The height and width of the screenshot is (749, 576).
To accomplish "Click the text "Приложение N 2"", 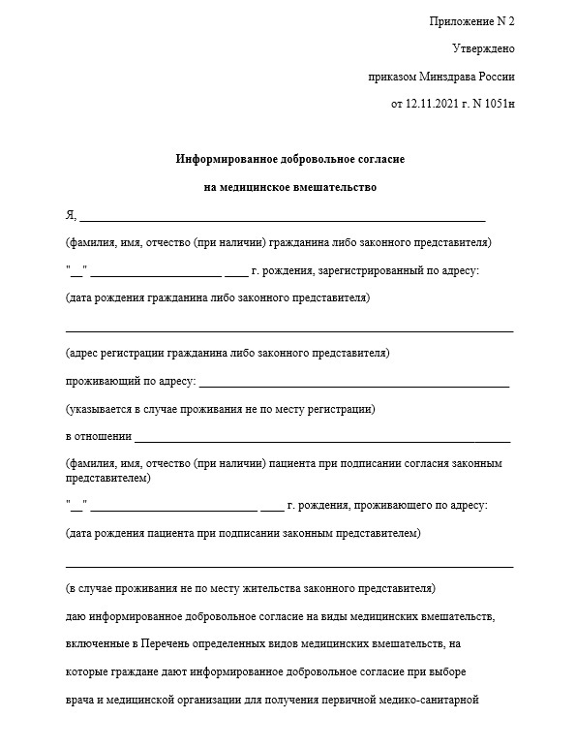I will (472, 20).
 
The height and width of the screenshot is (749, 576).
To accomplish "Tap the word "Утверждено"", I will (483, 47).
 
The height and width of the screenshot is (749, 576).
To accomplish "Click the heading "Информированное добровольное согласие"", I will (289, 158).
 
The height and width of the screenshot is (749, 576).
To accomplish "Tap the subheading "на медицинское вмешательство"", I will (289, 186).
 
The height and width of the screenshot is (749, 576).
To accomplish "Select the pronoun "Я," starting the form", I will (71, 215).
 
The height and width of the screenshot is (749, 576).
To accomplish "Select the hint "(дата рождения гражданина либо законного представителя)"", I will (217, 298).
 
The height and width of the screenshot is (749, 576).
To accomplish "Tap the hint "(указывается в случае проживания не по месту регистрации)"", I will (220, 409).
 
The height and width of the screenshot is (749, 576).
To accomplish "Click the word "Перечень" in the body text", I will (167, 643).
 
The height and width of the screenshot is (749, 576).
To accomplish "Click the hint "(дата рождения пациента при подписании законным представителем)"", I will (244, 533).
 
